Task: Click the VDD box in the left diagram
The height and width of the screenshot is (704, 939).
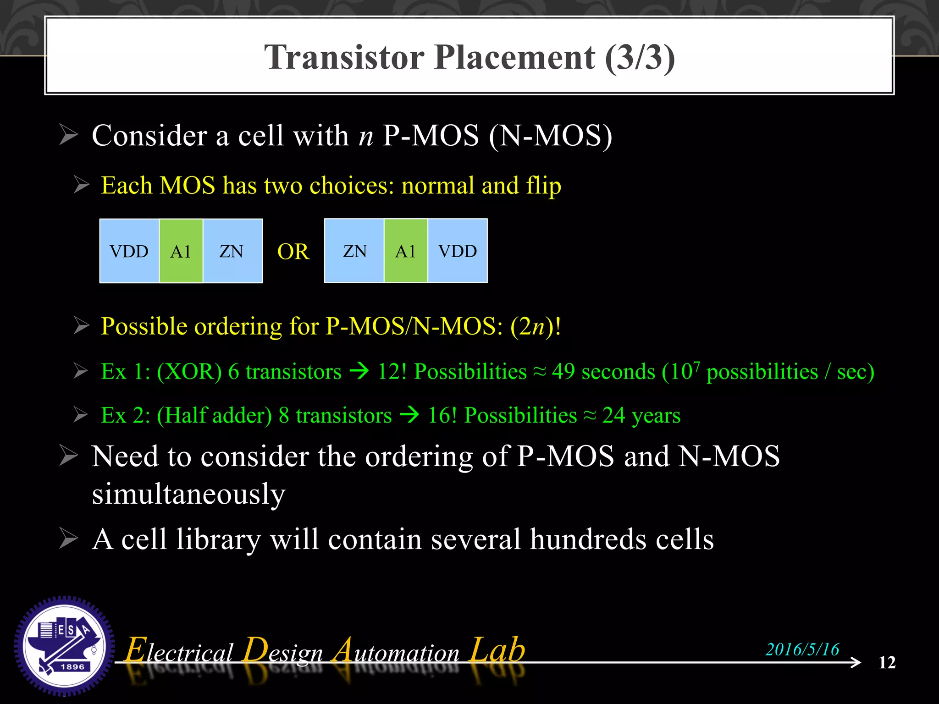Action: [129, 251]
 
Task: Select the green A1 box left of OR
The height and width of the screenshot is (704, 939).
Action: [181, 251]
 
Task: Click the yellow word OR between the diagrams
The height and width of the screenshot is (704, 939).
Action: [293, 252]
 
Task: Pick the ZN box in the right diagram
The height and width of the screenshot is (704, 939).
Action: [354, 251]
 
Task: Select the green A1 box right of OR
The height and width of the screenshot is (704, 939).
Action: [406, 251]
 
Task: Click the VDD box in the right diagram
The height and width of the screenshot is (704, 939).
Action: [457, 251]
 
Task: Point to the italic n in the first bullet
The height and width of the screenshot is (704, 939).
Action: [366, 136]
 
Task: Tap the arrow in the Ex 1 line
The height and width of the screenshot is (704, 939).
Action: [359, 371]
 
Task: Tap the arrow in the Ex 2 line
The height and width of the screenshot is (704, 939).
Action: [409, 415]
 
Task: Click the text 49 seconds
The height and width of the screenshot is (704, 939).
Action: [603, 371]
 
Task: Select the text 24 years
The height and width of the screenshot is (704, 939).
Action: [641, 415]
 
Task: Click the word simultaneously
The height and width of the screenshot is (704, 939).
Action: [188, 494]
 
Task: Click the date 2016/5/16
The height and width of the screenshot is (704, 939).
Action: [802, 649]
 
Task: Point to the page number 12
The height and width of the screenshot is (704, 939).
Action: [887, 662]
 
